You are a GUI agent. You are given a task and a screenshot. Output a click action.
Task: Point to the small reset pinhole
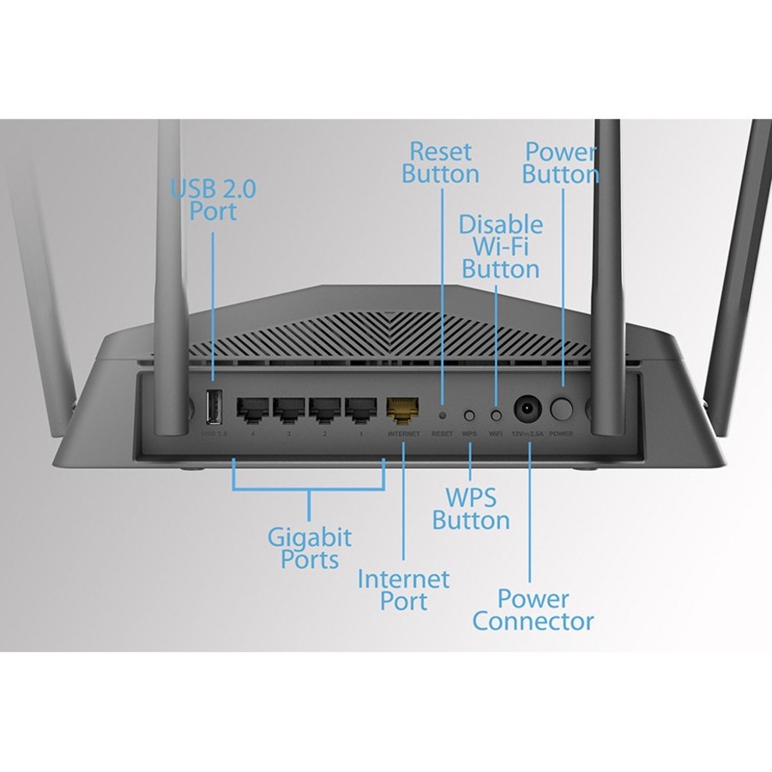443,414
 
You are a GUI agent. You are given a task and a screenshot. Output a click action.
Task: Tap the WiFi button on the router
496,414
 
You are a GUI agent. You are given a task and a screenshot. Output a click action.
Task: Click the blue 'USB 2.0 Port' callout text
213,200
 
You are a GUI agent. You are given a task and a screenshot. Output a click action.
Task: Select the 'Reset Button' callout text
441,163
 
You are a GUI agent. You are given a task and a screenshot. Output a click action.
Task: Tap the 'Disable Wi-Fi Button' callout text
501,247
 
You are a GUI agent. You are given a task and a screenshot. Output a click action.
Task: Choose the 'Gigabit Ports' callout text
310,549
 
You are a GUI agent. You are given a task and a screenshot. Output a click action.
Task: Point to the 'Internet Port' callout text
403,590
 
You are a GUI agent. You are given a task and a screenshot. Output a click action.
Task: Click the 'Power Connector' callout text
533,609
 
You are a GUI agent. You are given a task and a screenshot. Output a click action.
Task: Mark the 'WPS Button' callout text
471,510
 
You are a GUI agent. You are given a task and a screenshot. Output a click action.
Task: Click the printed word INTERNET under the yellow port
404,434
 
